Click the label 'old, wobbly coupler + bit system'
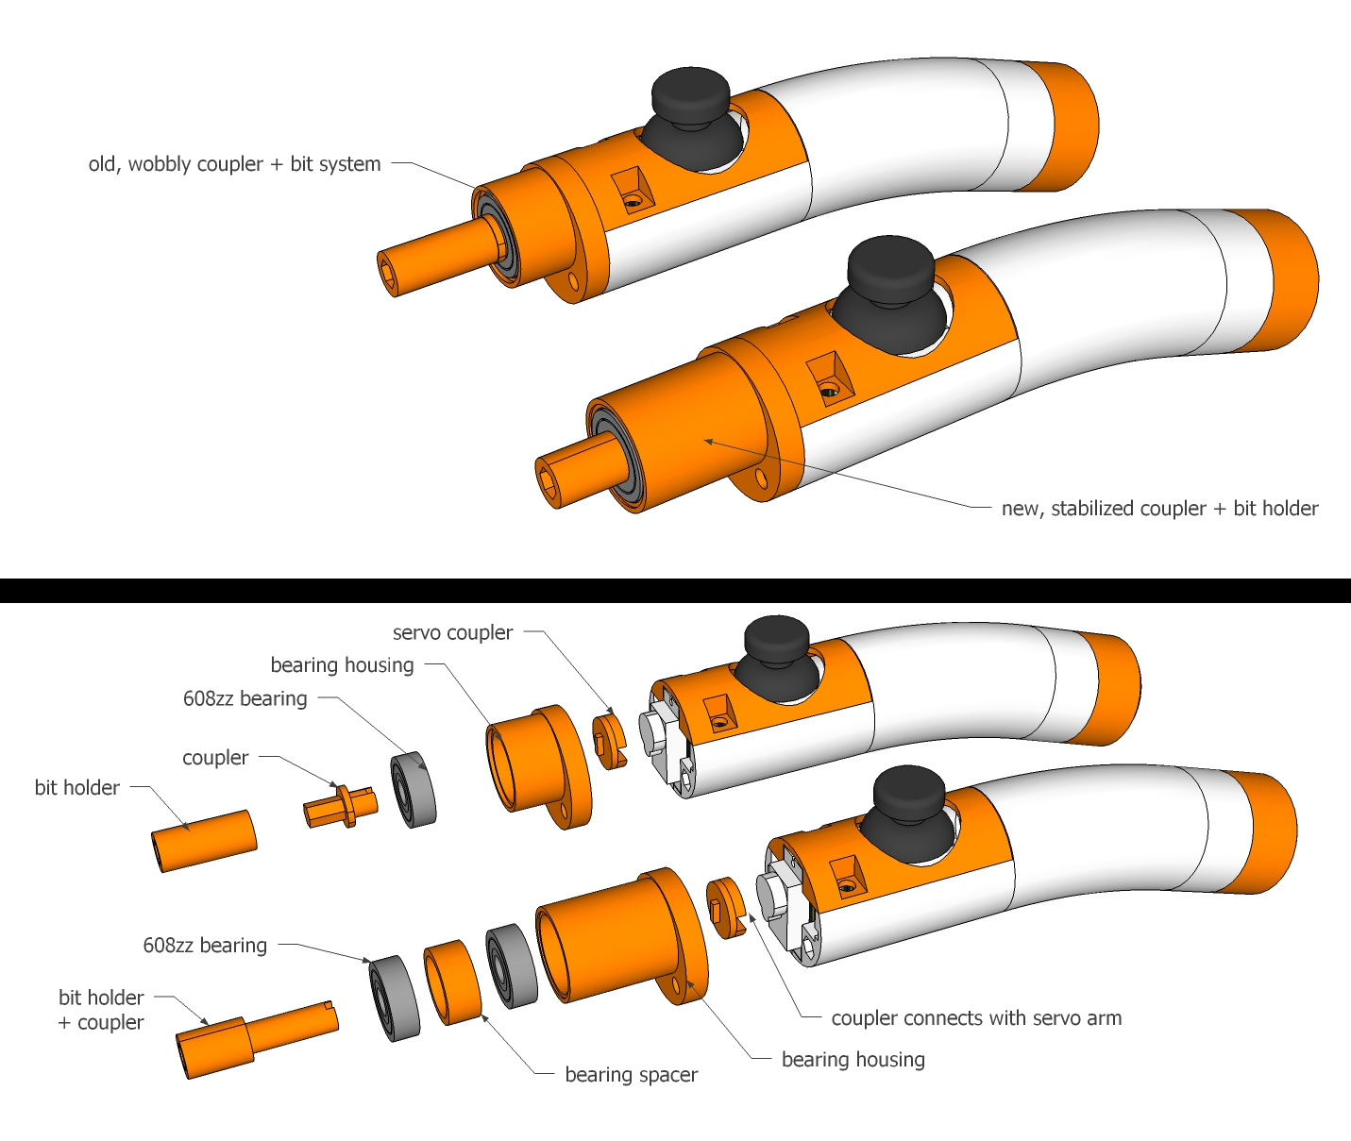point(234,164)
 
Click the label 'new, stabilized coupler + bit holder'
point(1159,509)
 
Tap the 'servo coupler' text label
point(452,633)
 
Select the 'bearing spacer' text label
point(631,1075)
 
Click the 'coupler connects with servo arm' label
point(975,1018)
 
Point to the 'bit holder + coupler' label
point(101,1010)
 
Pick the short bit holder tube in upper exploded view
point(205,840)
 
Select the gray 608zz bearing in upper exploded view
point(414,789)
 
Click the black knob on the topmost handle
point(690,95)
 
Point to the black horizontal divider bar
point(675,591)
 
